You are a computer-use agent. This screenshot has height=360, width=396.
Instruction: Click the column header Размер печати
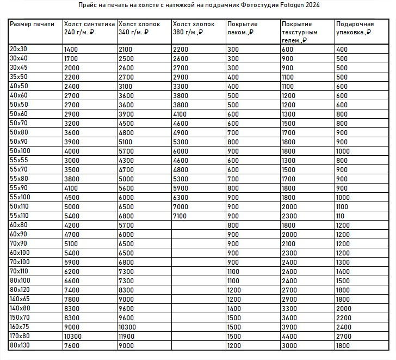tap(32, 25)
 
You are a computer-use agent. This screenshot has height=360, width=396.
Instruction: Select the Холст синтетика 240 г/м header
tap(89, 28)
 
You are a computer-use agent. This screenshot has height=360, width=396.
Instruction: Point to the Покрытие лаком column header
tap(243, 28)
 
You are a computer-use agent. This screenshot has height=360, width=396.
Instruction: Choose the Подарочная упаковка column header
tap(354, 28)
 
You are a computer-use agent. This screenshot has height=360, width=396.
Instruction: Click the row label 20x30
tap(19, 49)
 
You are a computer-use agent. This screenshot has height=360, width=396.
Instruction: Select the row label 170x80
tap(21, 336)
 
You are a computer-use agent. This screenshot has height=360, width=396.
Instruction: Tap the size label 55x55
tap(19, 161)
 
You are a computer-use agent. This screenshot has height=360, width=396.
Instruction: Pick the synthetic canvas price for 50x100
tap(72, 151)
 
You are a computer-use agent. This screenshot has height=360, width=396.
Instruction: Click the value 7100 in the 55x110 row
tap(181, 216)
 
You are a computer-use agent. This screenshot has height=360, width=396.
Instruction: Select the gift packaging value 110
tap(341, 216)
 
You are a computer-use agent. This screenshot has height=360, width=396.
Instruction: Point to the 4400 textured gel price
tap(289, 336)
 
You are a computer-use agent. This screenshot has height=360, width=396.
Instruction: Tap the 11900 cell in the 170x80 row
tap(128, 336)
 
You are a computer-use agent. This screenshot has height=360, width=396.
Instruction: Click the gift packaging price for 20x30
tap(342, 49)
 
